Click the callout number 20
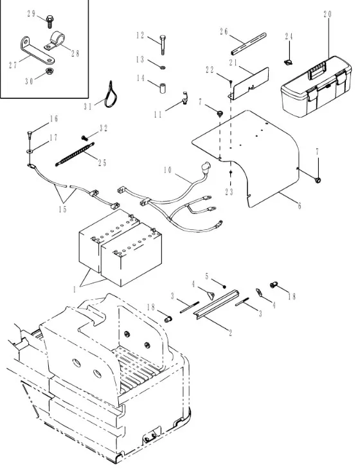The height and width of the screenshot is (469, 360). pos(328,14)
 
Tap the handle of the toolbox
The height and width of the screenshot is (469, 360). pos(318,71)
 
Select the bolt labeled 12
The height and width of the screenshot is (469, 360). pos(163,45)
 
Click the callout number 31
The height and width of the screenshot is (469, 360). pos(87,107)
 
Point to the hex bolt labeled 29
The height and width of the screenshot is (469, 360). pos(50,22)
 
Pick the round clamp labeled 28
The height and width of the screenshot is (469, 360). pos(55,41)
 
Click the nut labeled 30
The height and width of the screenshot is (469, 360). pos(48,71)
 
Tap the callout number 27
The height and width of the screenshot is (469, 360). pos(13,65)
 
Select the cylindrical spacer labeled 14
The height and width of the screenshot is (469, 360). pos(163,89)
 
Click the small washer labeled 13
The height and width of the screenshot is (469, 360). pos(163,67)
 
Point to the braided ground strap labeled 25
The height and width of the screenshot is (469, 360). pos(75,154)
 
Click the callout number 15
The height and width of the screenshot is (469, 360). pos(62,209)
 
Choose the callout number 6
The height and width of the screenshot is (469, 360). pos(300,206)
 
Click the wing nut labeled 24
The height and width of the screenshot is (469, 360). pos(288,62)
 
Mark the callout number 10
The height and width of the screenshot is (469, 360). pos(168,170)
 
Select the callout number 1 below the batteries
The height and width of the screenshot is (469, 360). pos(74,290)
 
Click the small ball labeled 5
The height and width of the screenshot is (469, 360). pos(224,287)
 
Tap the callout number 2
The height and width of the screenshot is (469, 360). pos(230,333)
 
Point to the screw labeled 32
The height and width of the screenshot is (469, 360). pos(84,138)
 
